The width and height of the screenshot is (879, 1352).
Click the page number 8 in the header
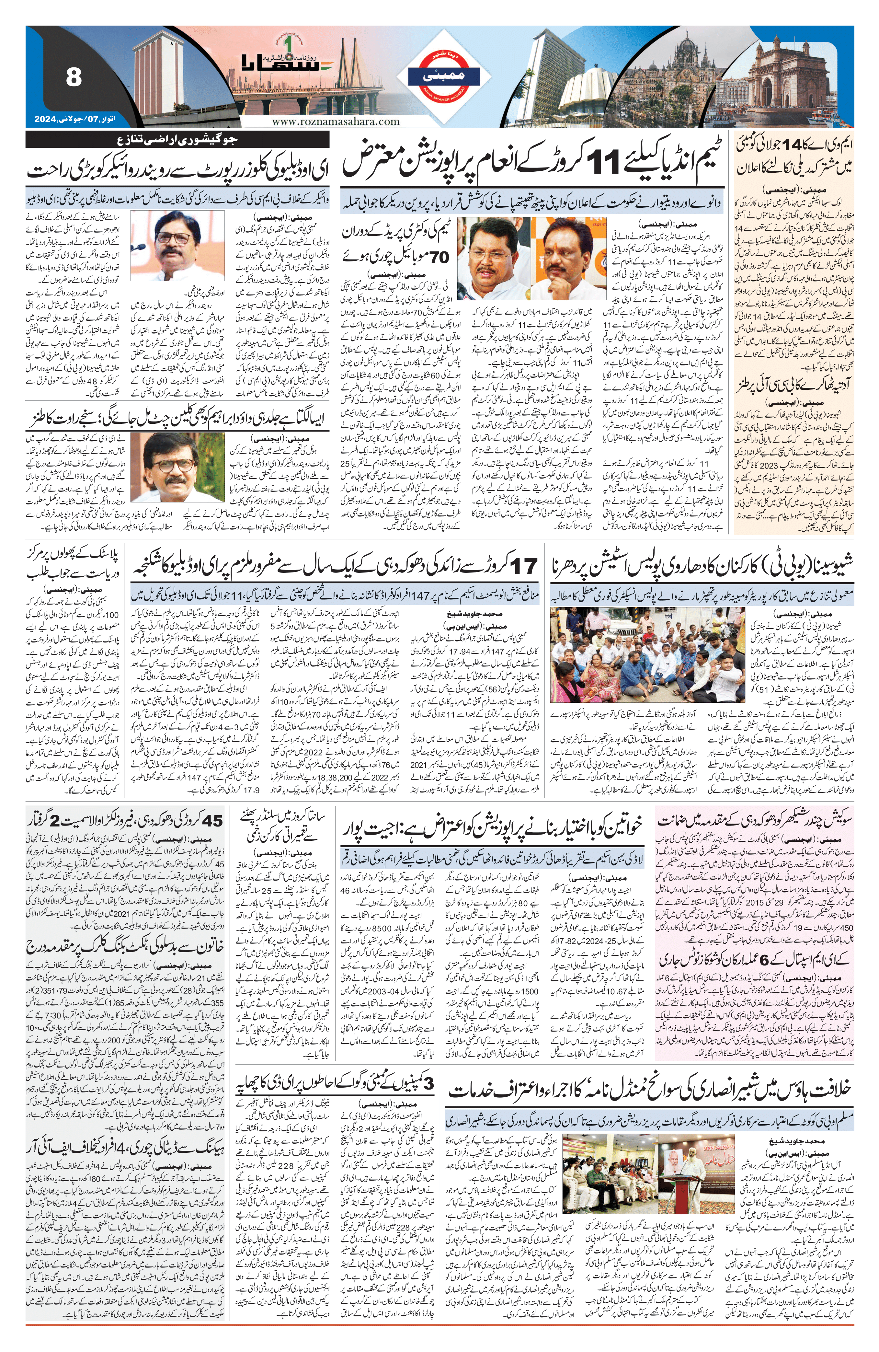click(x=73, y=77)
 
